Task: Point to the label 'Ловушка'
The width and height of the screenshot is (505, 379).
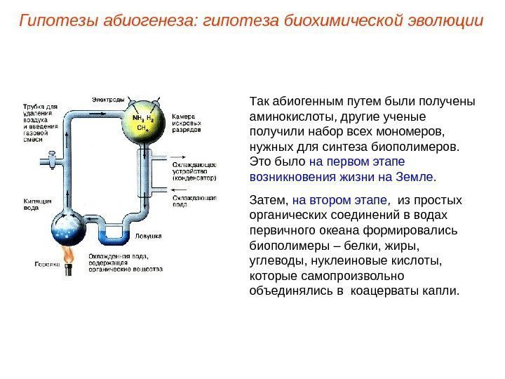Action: pyautogui.click(x=149, y=237)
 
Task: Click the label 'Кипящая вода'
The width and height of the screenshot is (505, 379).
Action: pyautogui.click(x=35, y=204)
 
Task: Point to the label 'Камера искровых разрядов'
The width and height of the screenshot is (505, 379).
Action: pyautogui.click(x=187, y=123)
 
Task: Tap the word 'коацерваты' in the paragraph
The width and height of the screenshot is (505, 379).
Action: pyautogui.click(x=387, y=290)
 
